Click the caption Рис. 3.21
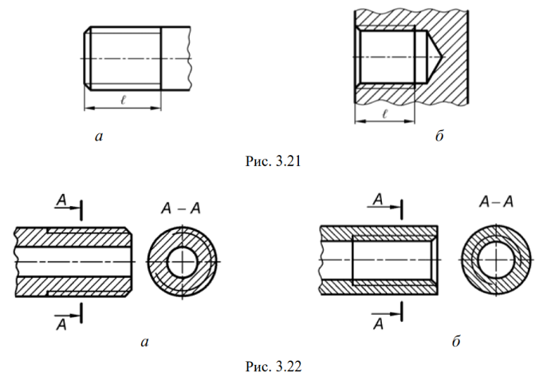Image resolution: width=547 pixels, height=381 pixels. pyautogui.click(x=273, y=161)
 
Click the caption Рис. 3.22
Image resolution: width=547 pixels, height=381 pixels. pyautogui.click(x=273, y=367)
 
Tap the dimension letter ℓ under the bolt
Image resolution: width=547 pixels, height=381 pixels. pyautogui.click(x=123, y=100)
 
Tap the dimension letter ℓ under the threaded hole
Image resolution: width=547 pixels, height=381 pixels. pyautogui.click(x=385, y=113)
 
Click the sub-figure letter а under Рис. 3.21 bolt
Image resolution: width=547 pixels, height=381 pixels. pyautogui.click(x=99, y=137)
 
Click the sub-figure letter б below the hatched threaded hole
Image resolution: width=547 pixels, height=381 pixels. pyautogui.click(x=439, y=135)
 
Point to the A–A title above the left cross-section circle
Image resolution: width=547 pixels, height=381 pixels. pyautogui.click(x=181, y=208)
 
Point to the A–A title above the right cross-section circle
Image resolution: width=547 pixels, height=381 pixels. pyautogui.click(x=496, y=202)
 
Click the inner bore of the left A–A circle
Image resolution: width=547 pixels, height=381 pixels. pyautogui.click(x=182, y=261)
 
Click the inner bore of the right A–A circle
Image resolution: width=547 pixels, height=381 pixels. pyautogui.click(x=495, y=260)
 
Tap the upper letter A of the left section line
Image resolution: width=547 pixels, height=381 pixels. pyautogui.click(x=61, y=200)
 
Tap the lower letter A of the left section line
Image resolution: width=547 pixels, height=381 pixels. pyautogui.click(x=61, y=325)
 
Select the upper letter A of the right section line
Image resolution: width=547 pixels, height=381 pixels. pyautogui.click(x=378, y=200)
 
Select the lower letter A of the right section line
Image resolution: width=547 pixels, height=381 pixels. pyautogui.click(x=379, y=324)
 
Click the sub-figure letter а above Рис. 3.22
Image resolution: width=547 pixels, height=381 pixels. pyautogui.click(x=145, y=342)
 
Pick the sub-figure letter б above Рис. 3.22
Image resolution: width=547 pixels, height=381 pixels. pyautogui.click(x=456, y=340)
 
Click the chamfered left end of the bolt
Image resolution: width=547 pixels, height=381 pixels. pyautogui.click(x=88, y=58)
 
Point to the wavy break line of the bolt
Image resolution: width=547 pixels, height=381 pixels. pyautogui.click(x=190, y=58)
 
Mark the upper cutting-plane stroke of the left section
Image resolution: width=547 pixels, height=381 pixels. pyautogui.click(x=81, y=210)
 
